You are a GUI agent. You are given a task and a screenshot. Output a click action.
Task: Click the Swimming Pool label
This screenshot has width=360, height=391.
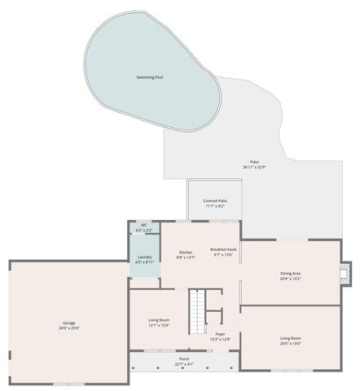coord(150,77)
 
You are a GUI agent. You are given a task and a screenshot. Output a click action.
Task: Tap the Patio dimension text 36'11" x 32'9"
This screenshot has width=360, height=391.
coord(254,167)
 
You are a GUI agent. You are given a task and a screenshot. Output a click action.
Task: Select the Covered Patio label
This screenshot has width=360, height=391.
coord(215,200)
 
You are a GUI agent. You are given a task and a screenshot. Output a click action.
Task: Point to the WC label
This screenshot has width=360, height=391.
coord(144,225)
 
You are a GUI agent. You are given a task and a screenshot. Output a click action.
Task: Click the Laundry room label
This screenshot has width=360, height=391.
coord(144,257)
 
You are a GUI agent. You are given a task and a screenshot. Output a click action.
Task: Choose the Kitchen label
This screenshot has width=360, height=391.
coord(186,253)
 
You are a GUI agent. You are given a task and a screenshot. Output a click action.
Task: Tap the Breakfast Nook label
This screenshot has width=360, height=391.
coord(223,249)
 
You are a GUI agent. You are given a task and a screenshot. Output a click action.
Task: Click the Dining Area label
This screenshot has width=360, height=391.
coord(291,273)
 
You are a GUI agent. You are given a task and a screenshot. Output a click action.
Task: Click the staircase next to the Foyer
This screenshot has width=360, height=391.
coord(198,313)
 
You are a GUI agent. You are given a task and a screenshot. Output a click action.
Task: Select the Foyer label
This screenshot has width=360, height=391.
coord(221,334)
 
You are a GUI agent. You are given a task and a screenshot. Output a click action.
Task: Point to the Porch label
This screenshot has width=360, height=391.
coord(184,358)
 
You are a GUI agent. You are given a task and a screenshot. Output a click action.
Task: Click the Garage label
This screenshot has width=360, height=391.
coord(69,323)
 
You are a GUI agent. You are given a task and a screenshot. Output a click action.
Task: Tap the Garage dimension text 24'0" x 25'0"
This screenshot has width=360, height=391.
coord(69,328)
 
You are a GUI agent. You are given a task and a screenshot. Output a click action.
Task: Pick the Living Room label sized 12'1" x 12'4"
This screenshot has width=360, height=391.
coord(159,320)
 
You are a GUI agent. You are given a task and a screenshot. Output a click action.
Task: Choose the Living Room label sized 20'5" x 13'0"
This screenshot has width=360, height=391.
coord(291,338)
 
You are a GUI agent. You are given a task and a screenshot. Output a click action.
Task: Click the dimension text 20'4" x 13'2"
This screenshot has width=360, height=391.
coord(291,279)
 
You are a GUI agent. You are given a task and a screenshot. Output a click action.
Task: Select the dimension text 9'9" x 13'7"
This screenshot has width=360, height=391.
coord(186,258)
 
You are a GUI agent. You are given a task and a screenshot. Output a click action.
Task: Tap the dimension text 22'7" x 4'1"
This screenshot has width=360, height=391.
coord(184,364)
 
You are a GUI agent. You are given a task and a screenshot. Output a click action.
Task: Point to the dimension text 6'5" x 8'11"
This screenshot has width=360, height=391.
coord(144,263)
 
